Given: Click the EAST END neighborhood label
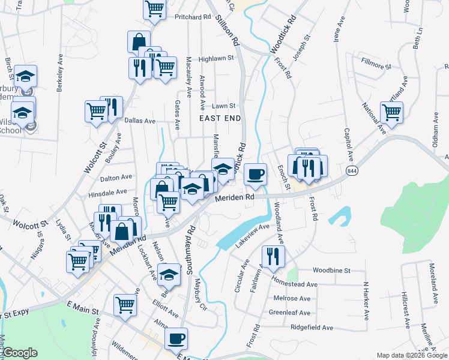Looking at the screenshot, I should click(x=220, y=119).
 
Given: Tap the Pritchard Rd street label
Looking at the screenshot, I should click(x=193, y=17).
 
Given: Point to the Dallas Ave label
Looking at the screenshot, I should click(x=140, y=121).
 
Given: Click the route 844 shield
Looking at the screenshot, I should click(x=352, y=171).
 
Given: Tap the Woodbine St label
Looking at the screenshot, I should click(x=331, y=271).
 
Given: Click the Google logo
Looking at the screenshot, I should click(x=20, y=353).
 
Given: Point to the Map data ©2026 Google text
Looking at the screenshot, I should click(x=411, y=355).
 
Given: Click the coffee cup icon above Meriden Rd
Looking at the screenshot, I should click(x=256, y=173).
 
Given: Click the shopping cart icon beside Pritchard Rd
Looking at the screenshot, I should click(x=155, y=9).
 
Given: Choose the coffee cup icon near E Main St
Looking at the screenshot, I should click(x=176, y=338).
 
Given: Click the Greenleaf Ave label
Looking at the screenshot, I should click(x=289, y=313).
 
